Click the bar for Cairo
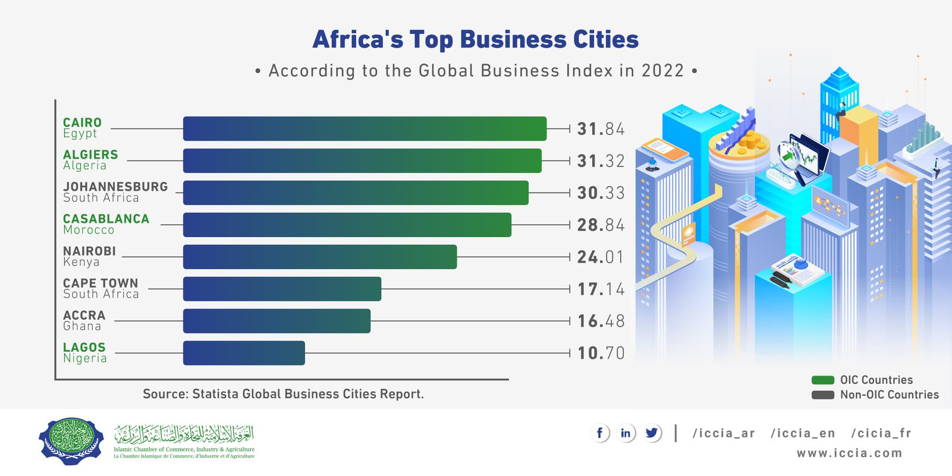pos(365,128)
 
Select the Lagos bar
pos(244,353)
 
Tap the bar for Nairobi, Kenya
pos(320,257)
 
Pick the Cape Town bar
pos(282,289)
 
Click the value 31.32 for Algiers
pos(601,161)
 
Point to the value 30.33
pos(601,193)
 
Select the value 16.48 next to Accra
pos(601,321)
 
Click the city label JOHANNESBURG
pos(115,187)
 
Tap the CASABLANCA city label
pos(106,219)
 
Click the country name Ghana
pos(82,326)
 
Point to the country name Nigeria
pos(85,358)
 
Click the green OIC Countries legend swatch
pos(823,380)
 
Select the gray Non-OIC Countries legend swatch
pos(823,395)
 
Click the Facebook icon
pos(599,433)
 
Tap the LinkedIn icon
pos(626,433)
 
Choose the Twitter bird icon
pos(652,433)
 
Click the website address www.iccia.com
pos(849,453)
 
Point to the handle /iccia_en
pos(803,433)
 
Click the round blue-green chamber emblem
pos(71,441)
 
